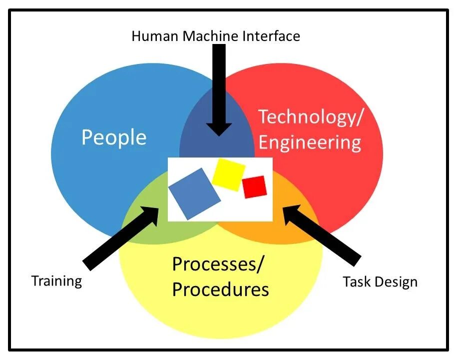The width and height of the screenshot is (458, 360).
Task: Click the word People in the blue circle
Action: [114, 137]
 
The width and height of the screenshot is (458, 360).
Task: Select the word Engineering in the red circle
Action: [310, 142]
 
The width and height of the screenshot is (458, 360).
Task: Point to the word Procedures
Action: [220, 289]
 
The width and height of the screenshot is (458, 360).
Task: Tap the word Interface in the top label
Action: [273, 36]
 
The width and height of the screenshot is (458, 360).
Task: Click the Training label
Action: [56, 280]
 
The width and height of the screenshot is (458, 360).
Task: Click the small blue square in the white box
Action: [194, 193]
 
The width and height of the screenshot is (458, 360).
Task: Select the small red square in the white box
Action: [254, 187]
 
